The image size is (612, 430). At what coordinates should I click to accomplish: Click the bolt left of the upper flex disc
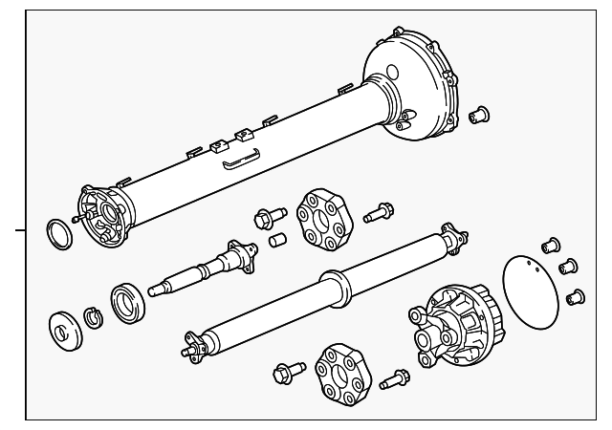pyautogui.click(x=265, y=218)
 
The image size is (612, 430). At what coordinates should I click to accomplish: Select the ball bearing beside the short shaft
pyautogui.click(x=125, y=300)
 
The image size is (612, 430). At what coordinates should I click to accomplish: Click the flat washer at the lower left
pyautogui.click(x=64, y=328)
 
